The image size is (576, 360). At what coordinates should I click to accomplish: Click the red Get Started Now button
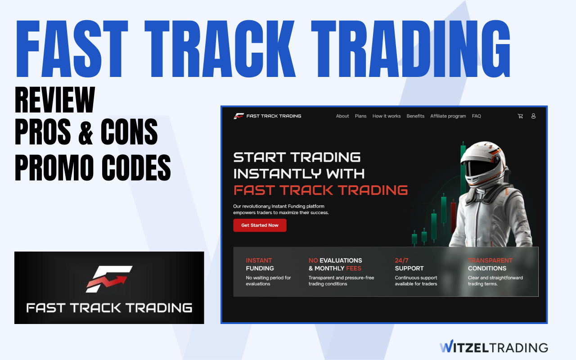[260, 225]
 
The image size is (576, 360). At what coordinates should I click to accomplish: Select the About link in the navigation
[342, 116]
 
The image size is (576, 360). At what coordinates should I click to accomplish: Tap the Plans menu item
[360, 116]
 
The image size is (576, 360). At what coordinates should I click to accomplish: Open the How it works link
[386, 116]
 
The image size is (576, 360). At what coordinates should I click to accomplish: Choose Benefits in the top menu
[415, 116]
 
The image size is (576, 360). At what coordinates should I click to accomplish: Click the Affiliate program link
[448, 116]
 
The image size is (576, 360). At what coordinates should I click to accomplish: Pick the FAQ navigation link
[476, 116]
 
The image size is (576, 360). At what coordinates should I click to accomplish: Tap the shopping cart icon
[520, 116]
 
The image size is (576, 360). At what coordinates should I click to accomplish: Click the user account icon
[533, 116]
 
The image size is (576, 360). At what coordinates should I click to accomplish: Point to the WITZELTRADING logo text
[494, 347]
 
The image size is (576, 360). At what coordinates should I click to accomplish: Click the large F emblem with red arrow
[109, 279]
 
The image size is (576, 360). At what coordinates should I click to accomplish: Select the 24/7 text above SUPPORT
[402, 260]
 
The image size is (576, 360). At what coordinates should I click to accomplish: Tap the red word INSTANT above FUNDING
[259, 260]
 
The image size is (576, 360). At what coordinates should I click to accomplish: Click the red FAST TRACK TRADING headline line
[320, 190]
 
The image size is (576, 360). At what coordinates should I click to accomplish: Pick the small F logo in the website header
[238, 116]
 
